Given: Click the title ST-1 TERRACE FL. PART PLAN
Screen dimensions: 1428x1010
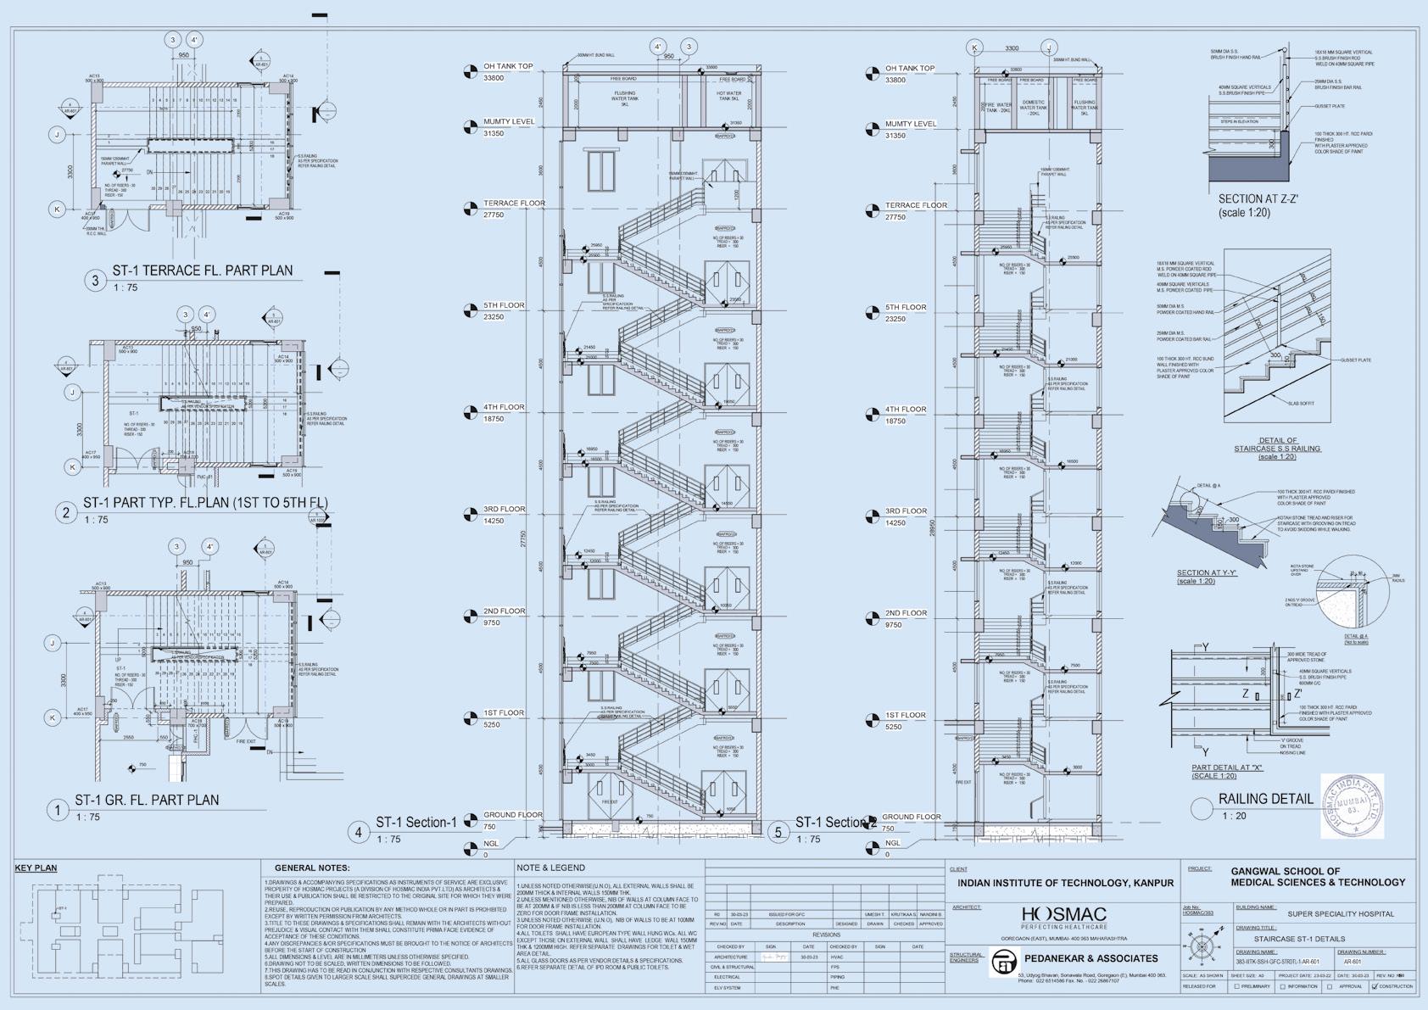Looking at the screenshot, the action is tap(202, 271).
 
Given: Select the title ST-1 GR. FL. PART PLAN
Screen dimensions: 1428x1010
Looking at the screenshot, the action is tap(147, 800).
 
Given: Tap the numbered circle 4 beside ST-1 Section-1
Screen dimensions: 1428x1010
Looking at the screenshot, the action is tap(359, 832).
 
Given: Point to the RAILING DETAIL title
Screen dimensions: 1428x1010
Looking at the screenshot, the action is tap(1265, 799).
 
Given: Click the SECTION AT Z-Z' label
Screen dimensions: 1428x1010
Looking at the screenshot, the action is tap(1258, 199).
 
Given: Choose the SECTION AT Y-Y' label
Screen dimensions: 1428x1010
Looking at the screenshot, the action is tap(1207, 573).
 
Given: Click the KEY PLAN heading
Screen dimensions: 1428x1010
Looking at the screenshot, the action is tap(36, 868).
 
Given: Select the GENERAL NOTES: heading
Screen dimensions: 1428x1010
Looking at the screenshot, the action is tap(312, 868).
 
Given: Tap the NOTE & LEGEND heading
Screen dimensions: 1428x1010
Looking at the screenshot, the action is tap(550, 868).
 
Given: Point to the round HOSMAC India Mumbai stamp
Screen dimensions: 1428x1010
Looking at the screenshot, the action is tap(1353, 806).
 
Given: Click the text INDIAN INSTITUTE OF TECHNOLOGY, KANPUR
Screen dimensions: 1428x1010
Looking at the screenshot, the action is tap(1065, 884).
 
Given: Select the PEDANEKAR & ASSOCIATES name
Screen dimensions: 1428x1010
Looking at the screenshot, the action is tap(1091, 958).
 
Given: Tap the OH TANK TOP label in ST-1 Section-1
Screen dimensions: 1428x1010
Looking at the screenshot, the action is tap(508, 66).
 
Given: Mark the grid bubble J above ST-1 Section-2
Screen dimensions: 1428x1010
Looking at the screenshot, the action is tap(1049, 47).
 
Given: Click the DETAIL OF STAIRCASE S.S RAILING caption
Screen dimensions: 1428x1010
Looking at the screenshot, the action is tap(1277, 444).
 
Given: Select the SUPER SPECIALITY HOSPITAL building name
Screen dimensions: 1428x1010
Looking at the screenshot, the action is tap(1341, 914).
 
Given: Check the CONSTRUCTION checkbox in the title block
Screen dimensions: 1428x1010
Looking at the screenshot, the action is tap(1375, 987).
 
